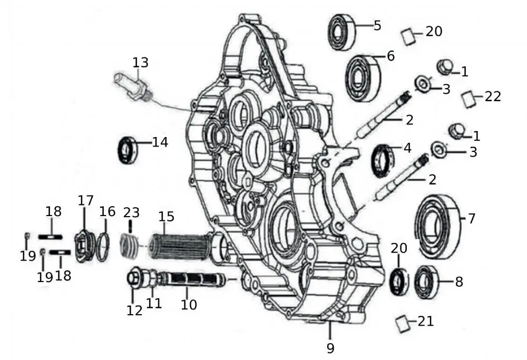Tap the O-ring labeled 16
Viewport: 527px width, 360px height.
(104, 246)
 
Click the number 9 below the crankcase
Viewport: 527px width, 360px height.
(330, 348)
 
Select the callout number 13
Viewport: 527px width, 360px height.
(140, 63)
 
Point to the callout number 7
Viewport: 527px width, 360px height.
(471, 218)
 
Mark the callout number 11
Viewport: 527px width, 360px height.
(154, 304)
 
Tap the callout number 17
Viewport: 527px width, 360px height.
(85, 201)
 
